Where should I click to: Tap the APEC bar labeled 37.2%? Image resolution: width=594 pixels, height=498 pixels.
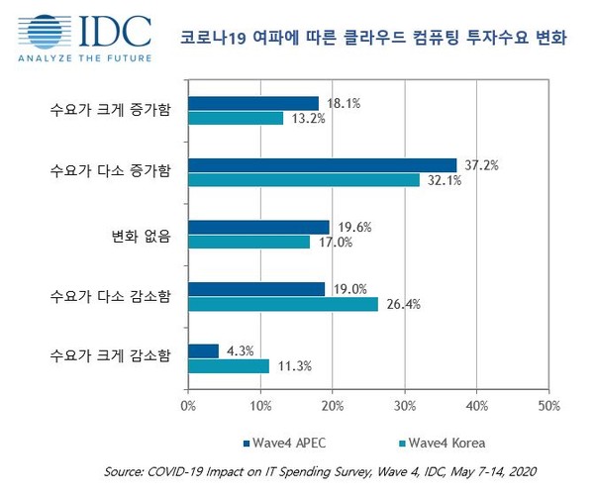click(x=322, y=164)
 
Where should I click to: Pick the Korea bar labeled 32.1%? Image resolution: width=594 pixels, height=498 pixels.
click(x=304, y=180)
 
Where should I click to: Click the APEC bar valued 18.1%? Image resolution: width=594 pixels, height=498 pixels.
click(x=253, y=103)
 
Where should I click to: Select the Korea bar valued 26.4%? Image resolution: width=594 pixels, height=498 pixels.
click(x=283, y=304)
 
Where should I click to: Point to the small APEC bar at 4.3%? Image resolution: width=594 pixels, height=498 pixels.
click(x=203, y=350)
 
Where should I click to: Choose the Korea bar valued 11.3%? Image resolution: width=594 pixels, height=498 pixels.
click(x=229, y=366)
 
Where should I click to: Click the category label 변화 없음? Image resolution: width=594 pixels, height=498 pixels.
click(x=141, y=235)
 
